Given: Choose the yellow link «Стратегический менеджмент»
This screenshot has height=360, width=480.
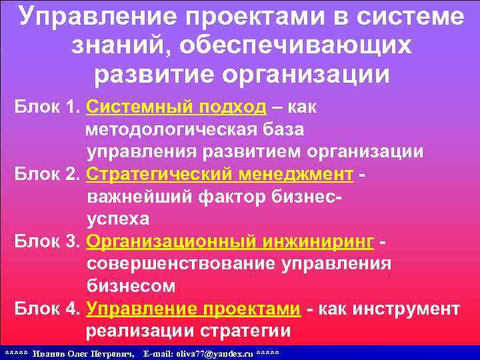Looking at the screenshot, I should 220,174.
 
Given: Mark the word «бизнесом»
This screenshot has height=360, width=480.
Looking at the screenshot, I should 131,287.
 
